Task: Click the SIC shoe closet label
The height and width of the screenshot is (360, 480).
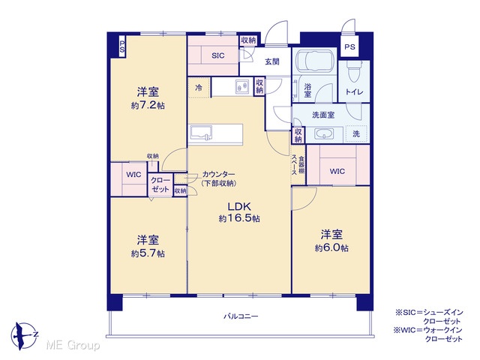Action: coord(218,55)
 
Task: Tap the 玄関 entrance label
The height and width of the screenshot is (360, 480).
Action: coord(272,61)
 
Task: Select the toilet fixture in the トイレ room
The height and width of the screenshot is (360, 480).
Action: coord(354,71)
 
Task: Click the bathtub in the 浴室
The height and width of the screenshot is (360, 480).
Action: coord(314,61)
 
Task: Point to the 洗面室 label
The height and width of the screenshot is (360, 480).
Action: coord(323,115)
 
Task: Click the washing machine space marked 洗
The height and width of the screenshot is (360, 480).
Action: coord(356,133)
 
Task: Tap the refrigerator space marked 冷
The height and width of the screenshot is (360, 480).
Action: coord(199,88)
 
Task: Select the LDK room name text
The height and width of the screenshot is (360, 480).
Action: coord(238,206)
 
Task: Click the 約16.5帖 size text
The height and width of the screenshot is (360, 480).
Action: coord(239,218)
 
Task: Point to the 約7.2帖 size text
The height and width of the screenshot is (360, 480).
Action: coord(148,106)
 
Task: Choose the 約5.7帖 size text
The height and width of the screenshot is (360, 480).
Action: coord(148,253)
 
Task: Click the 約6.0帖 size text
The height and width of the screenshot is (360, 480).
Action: coord(331,248)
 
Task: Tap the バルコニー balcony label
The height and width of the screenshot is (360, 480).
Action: coord(241,316)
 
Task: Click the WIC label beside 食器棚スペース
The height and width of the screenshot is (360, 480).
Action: coord(337,172)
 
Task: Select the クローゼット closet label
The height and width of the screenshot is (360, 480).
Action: coord(160,184)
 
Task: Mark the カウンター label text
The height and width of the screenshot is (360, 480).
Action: coord(218,175)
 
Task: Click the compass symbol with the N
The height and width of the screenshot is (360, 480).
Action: coord(25,336)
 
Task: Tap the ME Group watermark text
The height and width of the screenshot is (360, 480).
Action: coord(73,346)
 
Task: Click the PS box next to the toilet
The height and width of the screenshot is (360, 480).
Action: coord(349,46)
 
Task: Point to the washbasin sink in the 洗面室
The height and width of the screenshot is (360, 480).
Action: coord(324,134)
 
